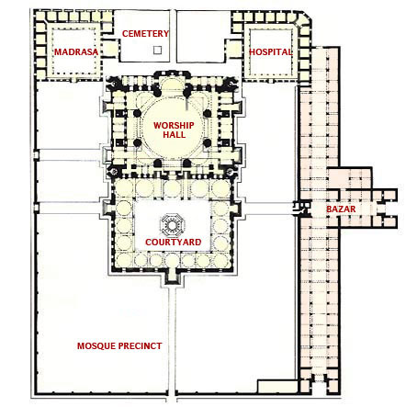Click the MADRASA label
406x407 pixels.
click(x=76, y=51)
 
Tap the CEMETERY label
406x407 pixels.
click(x=145, y=33)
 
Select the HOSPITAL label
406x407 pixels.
click(x=270, y=51)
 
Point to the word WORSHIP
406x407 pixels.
click(x=174, y=125)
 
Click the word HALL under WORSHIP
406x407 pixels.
click(x=174, y=134)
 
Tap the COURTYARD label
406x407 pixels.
click(x=174, y=242)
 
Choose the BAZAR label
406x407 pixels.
click(x=341, y=209)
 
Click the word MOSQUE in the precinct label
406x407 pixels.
click(x=96, y=346)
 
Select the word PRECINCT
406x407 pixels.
click(x=141, y=346)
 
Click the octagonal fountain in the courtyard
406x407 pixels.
click(x=172, y=225)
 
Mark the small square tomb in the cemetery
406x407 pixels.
click(x=157, y=50)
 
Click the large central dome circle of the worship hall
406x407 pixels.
click(x=173, y=128)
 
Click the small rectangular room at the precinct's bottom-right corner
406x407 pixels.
click(x=277, y=386)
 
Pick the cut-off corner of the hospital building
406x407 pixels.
click(x=306, y=17)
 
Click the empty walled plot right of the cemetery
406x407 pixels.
click(x=203, y=36)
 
